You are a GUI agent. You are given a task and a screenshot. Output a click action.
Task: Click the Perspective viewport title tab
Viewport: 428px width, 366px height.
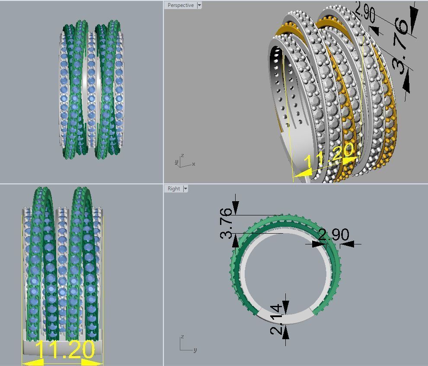click(181, 5)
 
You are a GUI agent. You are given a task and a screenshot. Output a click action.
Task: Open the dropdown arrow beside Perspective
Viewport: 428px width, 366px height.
click(199, 5)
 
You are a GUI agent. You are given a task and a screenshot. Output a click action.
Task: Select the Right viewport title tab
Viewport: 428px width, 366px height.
click(174, 189)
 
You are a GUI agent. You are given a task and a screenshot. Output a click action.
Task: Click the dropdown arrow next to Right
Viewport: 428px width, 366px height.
click(185, 189)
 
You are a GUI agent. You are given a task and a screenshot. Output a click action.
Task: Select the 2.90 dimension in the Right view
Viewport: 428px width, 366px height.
click(333, 235)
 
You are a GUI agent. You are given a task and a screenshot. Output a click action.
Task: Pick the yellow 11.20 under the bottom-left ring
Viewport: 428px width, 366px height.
click(65, 350)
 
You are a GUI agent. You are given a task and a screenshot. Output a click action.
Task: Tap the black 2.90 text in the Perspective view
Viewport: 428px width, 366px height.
click(364, 12)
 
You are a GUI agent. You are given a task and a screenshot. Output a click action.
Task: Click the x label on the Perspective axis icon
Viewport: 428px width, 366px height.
click(194, 164)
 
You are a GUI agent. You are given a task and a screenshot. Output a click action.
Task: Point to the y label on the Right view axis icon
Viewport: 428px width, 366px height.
click(195, 350)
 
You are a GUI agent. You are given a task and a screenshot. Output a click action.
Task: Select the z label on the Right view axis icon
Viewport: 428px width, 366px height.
click(182, 337)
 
